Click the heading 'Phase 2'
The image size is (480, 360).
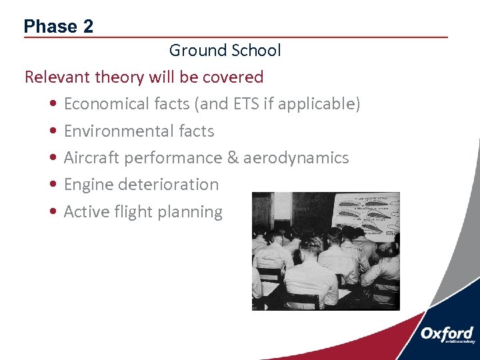coord(59,27)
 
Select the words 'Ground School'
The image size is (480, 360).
coord(225,51)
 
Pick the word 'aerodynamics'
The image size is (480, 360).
coord(296,158)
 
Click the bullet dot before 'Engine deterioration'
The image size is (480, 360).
coord(53,185)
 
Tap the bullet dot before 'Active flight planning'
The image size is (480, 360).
coord(53,213)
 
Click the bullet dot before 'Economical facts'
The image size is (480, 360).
coord(53,105)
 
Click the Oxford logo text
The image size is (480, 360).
coord(447,334)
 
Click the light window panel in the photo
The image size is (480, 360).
coord(281,207)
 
